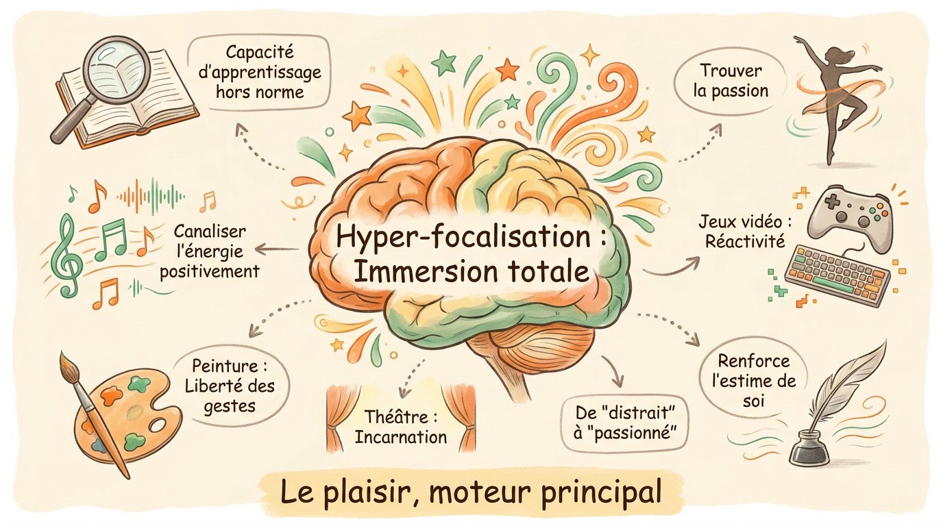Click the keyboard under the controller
coord(838,276)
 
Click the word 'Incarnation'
coord(400,437)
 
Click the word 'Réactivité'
coord(745,242)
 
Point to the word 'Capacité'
coord(260,52)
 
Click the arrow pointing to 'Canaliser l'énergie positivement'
coord(277,249)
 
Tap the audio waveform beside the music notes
coord(150,196)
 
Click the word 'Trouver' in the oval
coord(731,71)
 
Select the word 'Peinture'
coord(225,366)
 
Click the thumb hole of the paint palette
coord(158,425)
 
